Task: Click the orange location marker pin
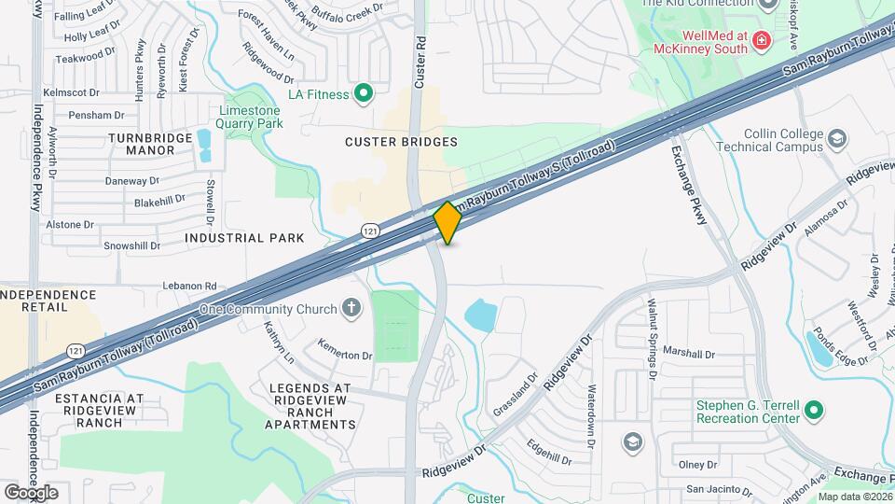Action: pos(447,222)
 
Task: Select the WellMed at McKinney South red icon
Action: pos(762,40)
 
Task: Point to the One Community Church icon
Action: pos(351,309)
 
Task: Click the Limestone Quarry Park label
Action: pos(249,116)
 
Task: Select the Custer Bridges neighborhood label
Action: pos(401,142)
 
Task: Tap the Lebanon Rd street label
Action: pos(189,286)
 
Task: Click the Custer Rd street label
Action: pos(420,63)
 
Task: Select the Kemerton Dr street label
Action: pos(344,356)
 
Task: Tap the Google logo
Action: pos(31,492)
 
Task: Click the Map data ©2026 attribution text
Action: pos(854,497)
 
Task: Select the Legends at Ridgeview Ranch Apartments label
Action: pos(310,406)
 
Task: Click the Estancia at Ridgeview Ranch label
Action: pos(99,410)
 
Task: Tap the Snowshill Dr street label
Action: pos(131,246)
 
